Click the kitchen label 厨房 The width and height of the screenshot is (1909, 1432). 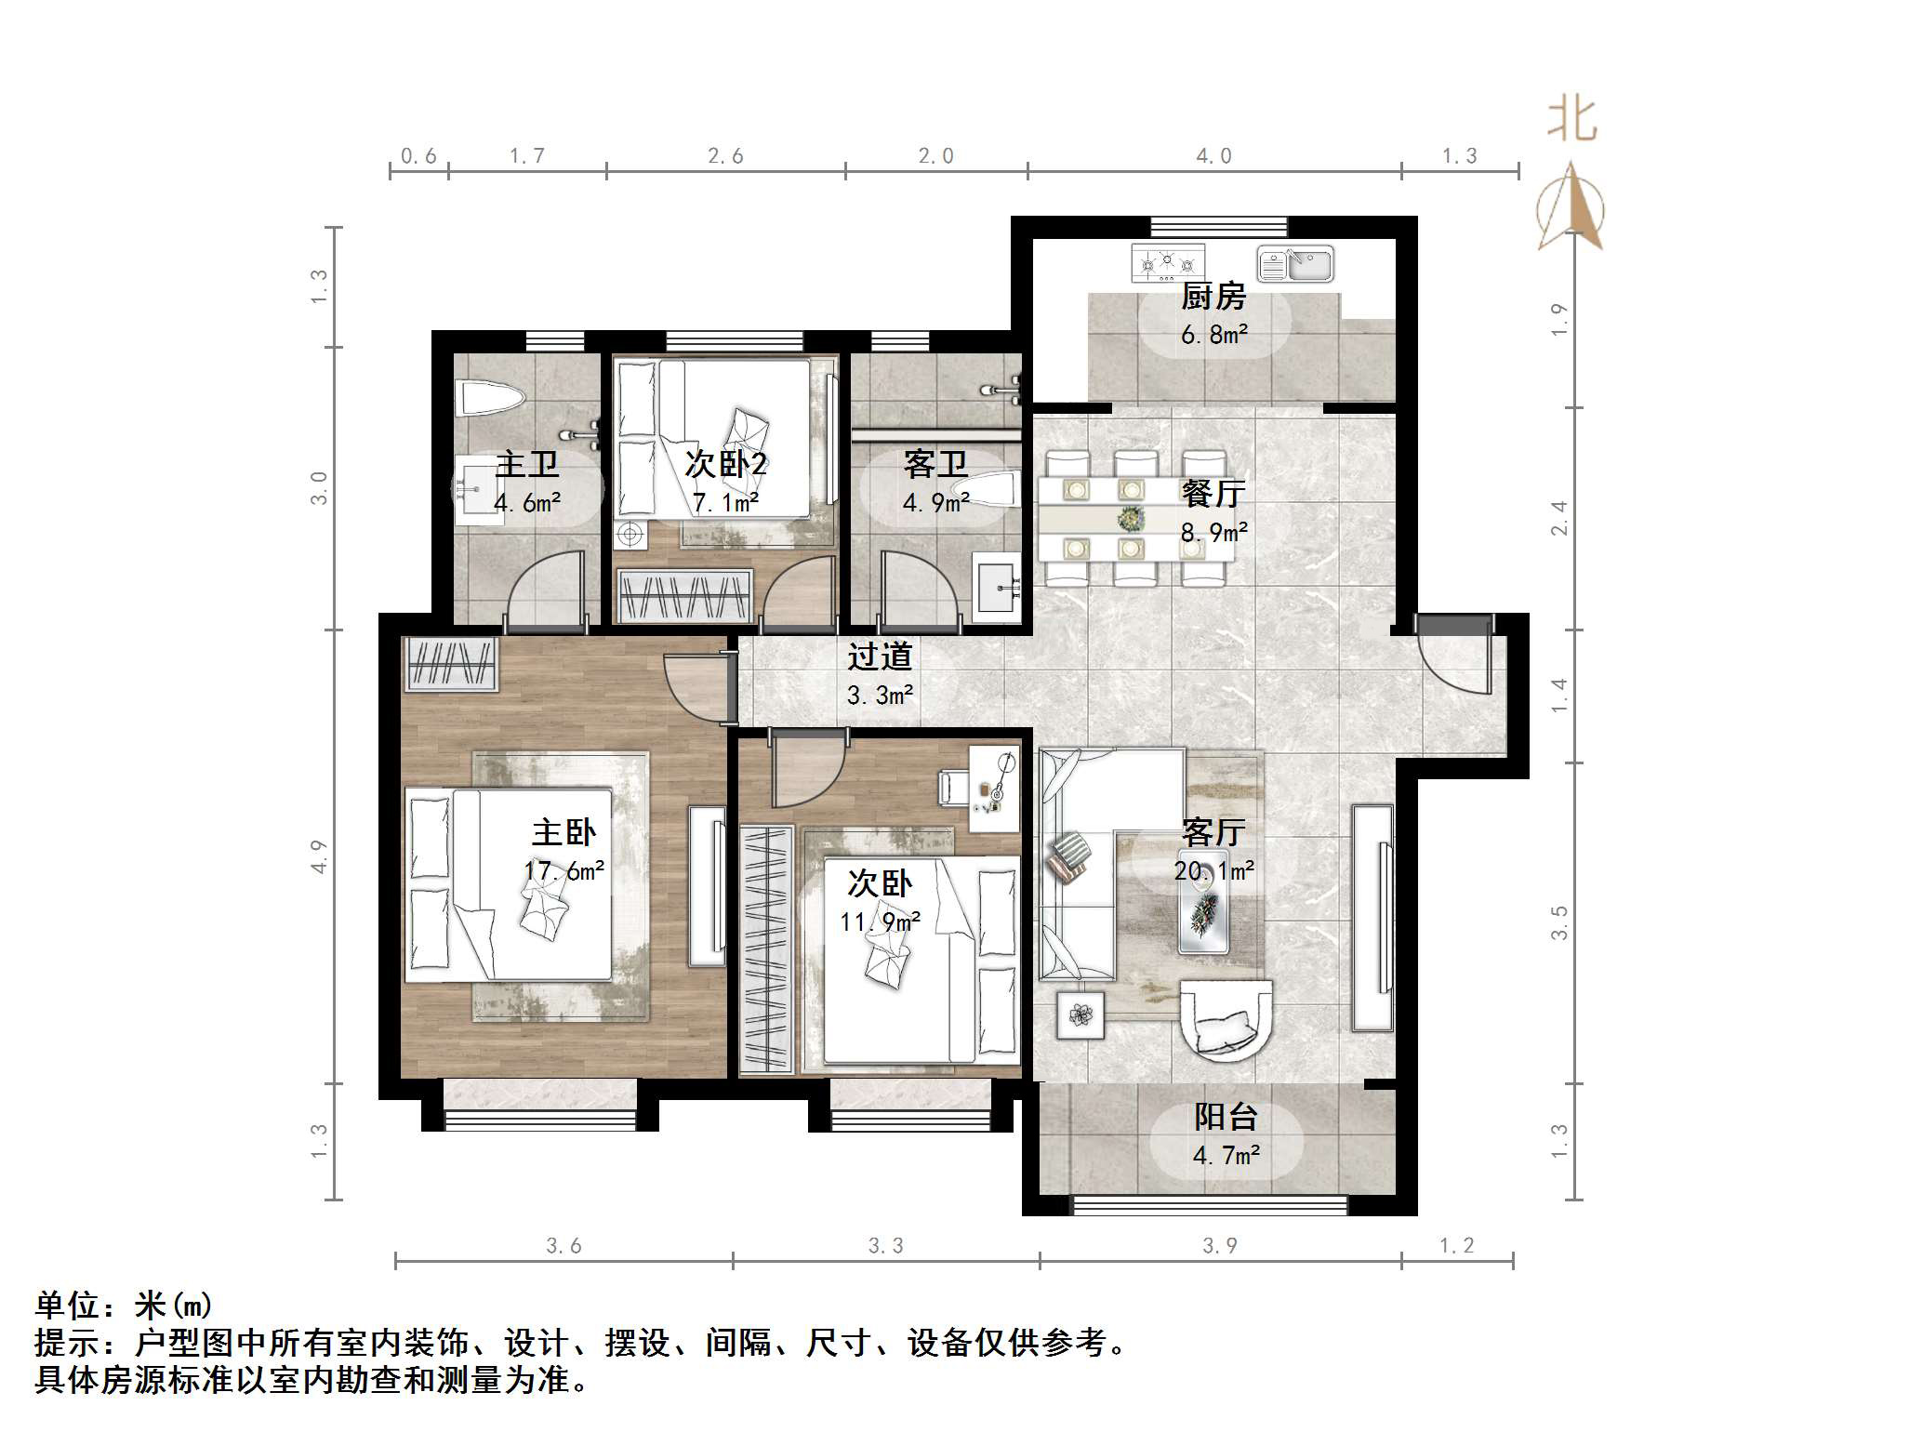[x=1213, y=297]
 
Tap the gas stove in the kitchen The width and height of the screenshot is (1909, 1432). [x=1168, y=263]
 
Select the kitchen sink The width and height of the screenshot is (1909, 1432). [x=1295, y=264]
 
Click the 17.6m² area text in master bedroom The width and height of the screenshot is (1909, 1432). [x=563, y=871]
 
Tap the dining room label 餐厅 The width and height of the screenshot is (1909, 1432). [x=1213, y=493]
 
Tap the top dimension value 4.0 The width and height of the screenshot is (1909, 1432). [x=1213, y=156]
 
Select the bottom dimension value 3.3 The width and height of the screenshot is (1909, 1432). [x=885, y=1246]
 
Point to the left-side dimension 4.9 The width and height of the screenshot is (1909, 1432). [x=319, y=856]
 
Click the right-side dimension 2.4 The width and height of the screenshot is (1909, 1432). [x=1559, y=518]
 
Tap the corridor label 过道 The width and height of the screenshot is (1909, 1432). [x=879, y=656]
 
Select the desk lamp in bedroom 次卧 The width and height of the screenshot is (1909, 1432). [x=1001, y=776]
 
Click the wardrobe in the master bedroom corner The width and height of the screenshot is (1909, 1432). [x=451, y=663]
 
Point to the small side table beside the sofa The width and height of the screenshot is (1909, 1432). [x=1080, y=1014]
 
